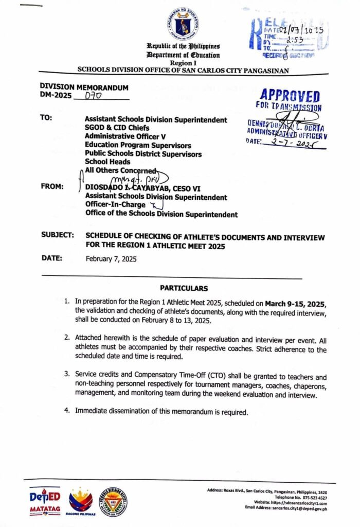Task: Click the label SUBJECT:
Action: coord(58,235)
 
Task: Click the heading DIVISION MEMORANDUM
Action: coord(84,87)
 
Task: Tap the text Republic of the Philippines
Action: coord(184,47)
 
